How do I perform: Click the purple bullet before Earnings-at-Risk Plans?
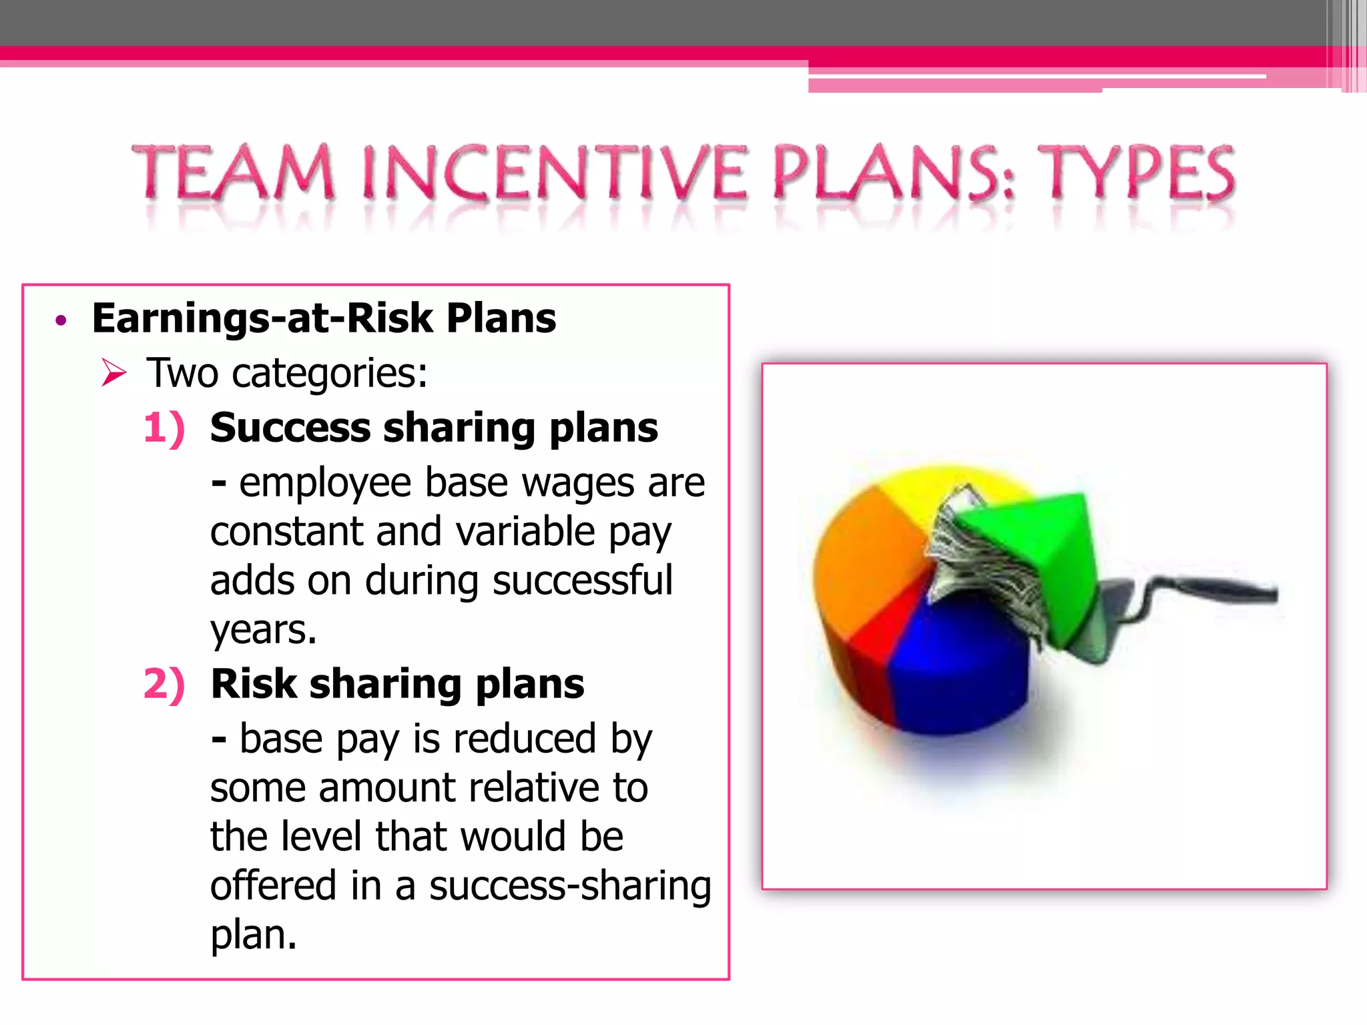[x=61, y=321]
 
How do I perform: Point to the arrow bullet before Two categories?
[x=113, y=372]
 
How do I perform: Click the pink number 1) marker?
[x=164, y=428]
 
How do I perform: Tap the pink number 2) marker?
[x=164, y=685]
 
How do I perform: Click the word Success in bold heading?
[x=290, y=428]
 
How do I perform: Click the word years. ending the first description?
[x=263, y=629]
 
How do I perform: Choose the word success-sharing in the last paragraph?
[x=570, y=886]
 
